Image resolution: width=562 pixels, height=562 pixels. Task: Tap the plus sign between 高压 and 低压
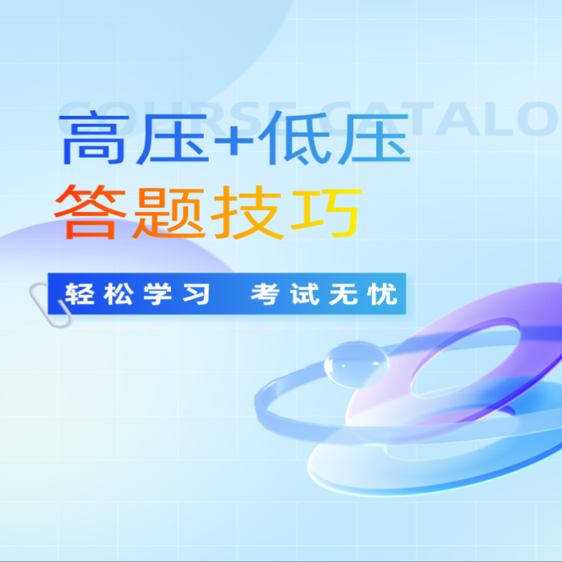(238, 138)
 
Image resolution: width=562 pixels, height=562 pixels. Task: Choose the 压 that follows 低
(375, 137)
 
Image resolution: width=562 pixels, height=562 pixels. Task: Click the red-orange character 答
(88, 211)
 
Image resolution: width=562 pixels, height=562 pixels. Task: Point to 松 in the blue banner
(119, 294)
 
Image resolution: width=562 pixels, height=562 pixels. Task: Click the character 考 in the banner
(265, 294)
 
